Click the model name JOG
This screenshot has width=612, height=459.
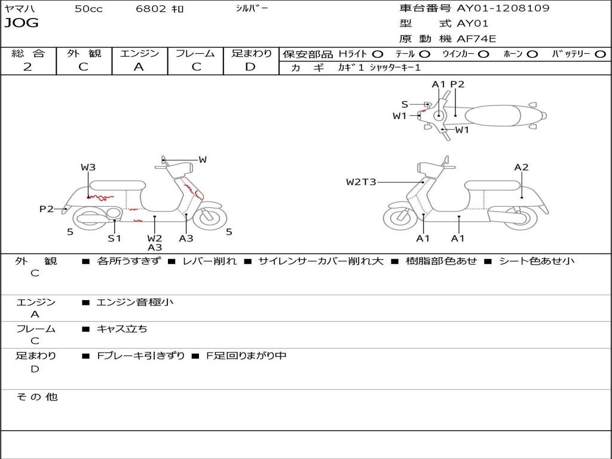pos(22,24)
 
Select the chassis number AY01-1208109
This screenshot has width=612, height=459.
pos(503,8)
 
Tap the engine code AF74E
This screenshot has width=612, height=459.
pos(476,39)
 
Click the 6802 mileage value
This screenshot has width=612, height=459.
pos(151,9)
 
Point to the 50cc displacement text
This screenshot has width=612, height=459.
pos(88,9)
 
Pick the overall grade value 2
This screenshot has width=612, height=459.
pos(27,67)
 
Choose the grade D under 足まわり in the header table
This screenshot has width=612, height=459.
pos(250,67)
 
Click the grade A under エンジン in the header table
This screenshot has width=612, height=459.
pos(139,67)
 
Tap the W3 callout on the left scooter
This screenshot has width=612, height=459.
pos(88,167)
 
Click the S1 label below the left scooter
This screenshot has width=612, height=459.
pos(114,238)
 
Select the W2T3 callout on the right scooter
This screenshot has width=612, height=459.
pos(362,182)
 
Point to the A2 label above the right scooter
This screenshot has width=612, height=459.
pos(521,167)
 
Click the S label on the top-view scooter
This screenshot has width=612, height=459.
pos(405,104)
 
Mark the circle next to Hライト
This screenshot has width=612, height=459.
pos(378,54)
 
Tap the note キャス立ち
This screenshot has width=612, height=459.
pos(122,329)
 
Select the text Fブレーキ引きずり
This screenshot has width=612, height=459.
pos(141,356)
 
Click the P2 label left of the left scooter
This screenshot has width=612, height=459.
pos(46,209)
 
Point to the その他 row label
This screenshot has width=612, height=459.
pos(36,397)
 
